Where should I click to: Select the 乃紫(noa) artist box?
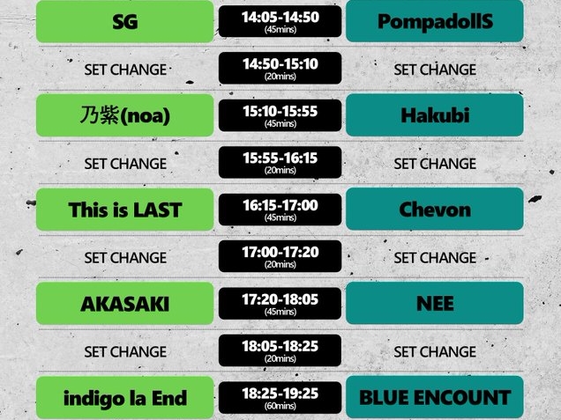click(125, 115)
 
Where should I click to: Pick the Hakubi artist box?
click(435, 115)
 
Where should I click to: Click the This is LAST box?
click(125, 210)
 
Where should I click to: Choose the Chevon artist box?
click(435, 210)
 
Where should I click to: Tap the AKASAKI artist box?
click(125, 304)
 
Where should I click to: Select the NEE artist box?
click(435, 304)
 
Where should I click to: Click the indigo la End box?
click(125, 398)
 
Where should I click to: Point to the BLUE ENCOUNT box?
click(435, 398)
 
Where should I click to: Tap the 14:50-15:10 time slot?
click(280, 69)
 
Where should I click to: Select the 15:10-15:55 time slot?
click(280, 115)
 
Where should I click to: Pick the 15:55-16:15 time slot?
click(280, 163)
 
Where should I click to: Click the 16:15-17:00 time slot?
click(280, 210)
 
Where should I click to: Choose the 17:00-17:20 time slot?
click(280, 257)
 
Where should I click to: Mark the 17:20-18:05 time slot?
click(280, 304)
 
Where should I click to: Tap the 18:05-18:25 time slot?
click(280, 351)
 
